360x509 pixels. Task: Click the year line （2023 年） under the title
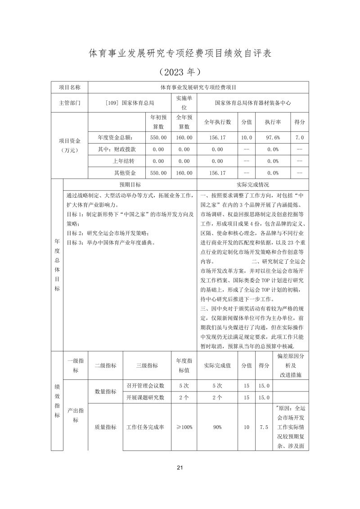(180, 72)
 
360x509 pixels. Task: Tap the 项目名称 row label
(70, 87)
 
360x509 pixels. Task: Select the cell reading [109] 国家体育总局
(129, 103)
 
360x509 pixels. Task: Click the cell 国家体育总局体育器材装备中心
(253, 103)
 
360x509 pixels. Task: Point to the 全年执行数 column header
(217, 122)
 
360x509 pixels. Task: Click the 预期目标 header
(130, 185)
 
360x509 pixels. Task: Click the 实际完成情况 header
(253, 185)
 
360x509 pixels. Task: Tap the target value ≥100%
(184, 427)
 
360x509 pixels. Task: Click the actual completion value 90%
(217, 427)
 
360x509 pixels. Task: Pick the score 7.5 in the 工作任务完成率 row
(264, 427)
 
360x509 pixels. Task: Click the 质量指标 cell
(105, 427)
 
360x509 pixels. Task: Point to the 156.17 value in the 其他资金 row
(217, 172)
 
